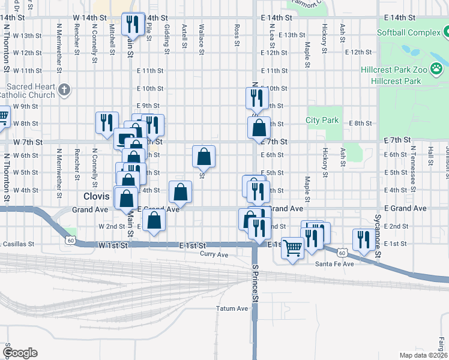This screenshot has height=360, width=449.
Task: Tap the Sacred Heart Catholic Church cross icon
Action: point(65,91)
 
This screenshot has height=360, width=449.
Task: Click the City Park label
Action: point(322,120)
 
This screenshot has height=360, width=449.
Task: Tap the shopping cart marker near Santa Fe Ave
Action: point(292,247)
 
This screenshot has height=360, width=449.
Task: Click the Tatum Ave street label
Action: point(232,308)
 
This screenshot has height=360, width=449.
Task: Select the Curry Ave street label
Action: point(214,254)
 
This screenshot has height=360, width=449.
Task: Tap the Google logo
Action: point(20,353)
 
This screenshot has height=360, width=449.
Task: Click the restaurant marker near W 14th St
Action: point(133,25)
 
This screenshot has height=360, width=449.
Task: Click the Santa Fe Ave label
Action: point(334,264)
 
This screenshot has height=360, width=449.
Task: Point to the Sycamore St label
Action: point(378,237)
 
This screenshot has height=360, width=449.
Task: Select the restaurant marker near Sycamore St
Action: point(363,239)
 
